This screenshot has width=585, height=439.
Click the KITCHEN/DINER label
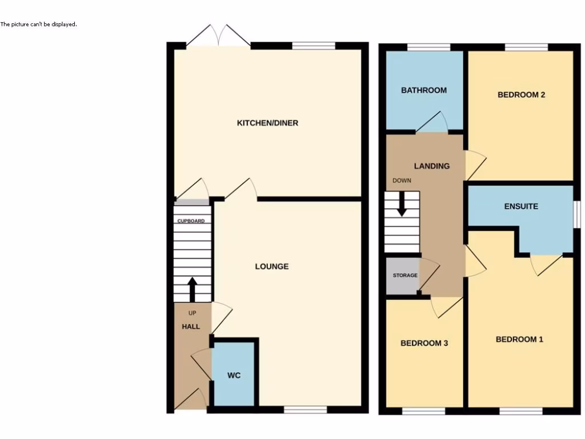pos(267,123)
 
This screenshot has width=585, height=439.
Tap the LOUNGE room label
pos(271,266)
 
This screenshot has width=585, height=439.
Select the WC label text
pos(234,376)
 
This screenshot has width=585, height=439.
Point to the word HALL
pos(191,326)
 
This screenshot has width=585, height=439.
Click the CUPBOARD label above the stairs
pos(191,221)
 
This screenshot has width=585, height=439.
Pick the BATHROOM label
pos(423,90)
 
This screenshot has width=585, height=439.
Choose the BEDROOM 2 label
pos(521,95)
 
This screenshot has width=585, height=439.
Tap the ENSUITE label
pos(521,206)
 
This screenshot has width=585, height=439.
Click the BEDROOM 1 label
pos(519,340)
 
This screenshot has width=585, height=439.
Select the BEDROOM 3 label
pos(424,344)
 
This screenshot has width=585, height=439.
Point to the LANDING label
pos(431,166)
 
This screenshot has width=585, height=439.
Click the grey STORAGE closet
pos(403,276)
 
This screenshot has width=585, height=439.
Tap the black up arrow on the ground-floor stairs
pos(192,289)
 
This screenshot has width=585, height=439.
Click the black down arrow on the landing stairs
pos(402,203)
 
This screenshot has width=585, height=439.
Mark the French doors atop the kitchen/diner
pos(218,35)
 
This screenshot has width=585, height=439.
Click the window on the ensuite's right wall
pos(576,214)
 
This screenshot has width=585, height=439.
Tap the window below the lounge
pos(305,409)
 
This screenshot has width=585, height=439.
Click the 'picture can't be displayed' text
pos(38,25)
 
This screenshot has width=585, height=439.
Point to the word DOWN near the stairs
pos(402,181)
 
